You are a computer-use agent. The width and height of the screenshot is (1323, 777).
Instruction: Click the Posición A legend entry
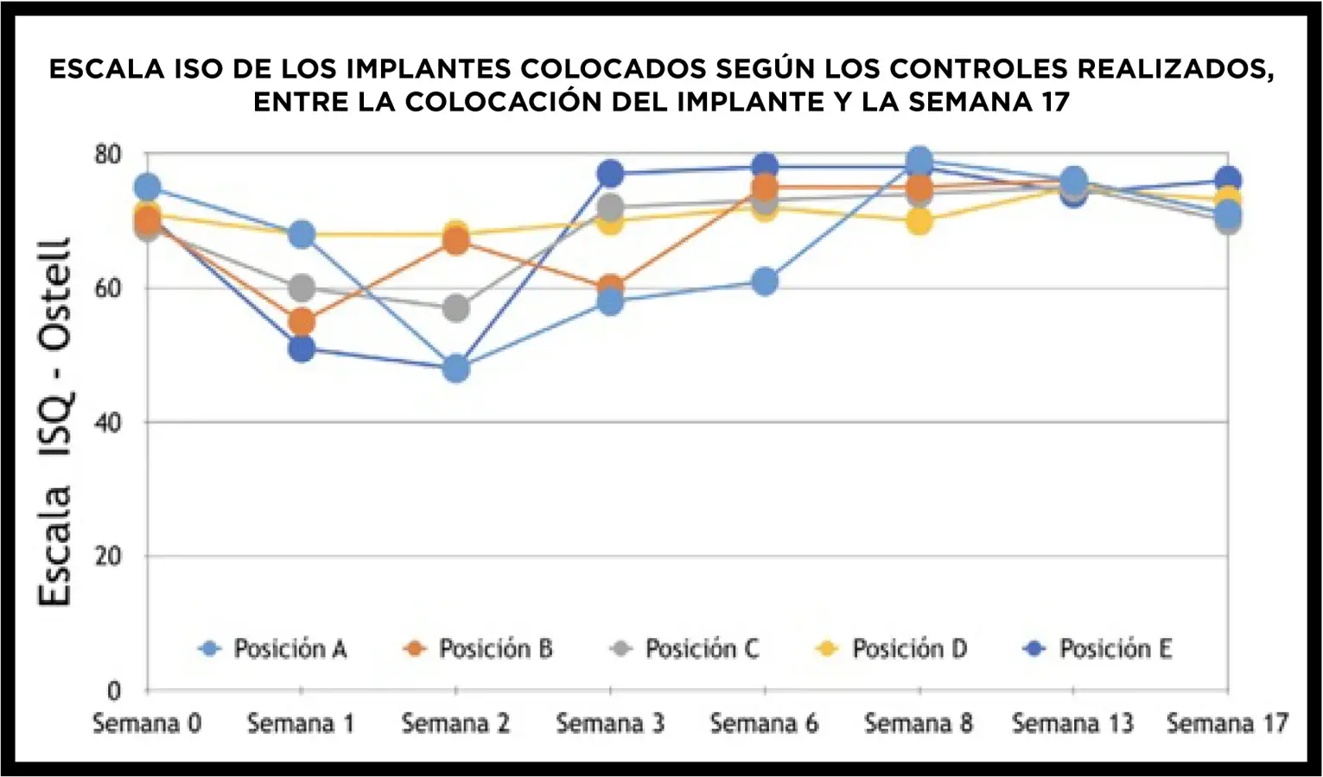(x=273, y=648)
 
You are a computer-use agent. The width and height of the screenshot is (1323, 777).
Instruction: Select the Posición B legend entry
(x=479, y=648)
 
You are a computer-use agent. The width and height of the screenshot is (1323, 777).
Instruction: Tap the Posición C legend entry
(x=685, y=648)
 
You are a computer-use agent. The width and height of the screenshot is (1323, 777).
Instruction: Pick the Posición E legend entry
(x=1098, y=648)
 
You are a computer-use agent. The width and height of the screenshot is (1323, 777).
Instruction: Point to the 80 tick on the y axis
(x=108, y=155)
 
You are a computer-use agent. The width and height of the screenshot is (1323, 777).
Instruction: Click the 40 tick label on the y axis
(x=108, y=423)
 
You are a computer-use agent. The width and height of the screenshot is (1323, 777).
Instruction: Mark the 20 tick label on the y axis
(x=108, y=557)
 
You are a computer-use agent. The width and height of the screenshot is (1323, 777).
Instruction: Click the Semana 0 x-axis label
(x=147, y=723)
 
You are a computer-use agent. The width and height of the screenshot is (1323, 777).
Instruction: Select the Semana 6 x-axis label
(x=764, y=723)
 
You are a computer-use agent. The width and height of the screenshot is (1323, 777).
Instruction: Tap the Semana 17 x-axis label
(x=1227, y=723)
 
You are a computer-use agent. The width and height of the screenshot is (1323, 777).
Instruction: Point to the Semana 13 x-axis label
(x=1072, y=723)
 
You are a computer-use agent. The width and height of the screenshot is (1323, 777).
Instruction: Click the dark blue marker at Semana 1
(x=301, y=349)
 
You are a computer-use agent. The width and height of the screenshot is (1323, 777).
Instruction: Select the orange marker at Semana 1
(x=301, y=322)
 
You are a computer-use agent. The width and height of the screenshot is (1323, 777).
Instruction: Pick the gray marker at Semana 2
(x=456, y=308)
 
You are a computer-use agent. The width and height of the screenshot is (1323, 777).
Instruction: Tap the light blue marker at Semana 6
(x=764, y=281)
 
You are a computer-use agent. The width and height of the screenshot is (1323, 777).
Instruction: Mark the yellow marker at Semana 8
(x=919, y=222)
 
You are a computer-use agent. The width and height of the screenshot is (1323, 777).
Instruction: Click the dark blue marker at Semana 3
(x=610, y=174)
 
